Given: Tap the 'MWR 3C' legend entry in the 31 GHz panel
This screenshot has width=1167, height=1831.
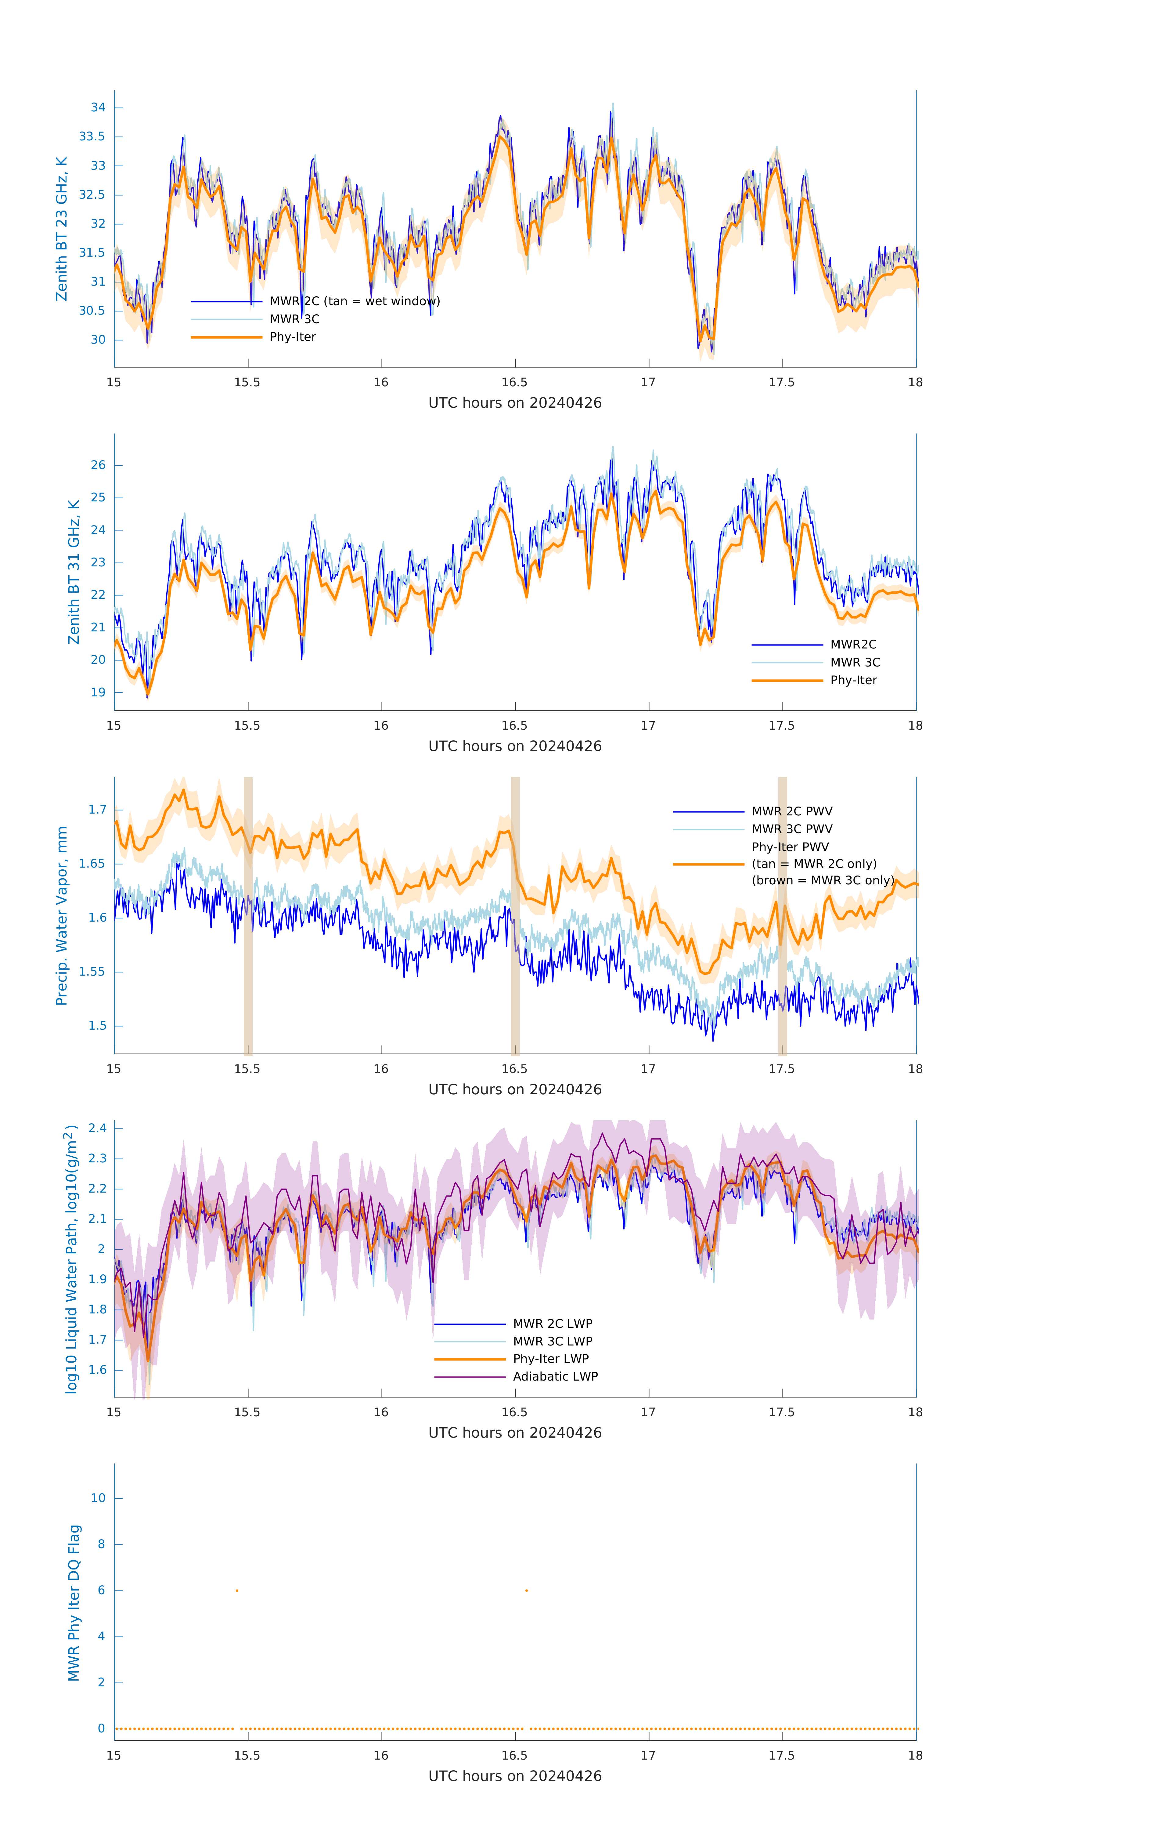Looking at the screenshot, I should click(x=855, y=662).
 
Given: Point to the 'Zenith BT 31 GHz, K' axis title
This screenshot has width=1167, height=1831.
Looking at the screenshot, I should click(x=74, y=572).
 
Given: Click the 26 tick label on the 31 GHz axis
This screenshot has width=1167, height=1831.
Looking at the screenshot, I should click(x=98, y=465).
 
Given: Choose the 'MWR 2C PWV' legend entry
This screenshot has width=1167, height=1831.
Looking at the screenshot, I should click(x=791, y=811).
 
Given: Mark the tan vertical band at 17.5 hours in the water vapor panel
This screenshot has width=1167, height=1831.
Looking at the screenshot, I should click(x=782, y=915).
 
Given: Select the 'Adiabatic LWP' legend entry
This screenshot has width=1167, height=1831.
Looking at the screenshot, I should click(x=555, y=1376).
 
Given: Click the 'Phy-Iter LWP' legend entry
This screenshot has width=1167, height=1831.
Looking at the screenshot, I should click(x=550, y=1359).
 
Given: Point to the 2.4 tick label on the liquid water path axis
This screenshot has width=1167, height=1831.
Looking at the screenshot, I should click(x=97, y=1129).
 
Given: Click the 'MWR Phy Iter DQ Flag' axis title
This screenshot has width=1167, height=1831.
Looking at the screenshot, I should click(x=74, y=1603).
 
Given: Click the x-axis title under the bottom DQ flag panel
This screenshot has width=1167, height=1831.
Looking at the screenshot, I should click(x=515, y=1776).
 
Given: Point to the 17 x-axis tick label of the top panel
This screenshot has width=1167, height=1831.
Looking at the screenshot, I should click(x=648, y=382).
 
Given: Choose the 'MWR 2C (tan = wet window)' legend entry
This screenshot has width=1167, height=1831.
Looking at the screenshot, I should click(x=354, y=301).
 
